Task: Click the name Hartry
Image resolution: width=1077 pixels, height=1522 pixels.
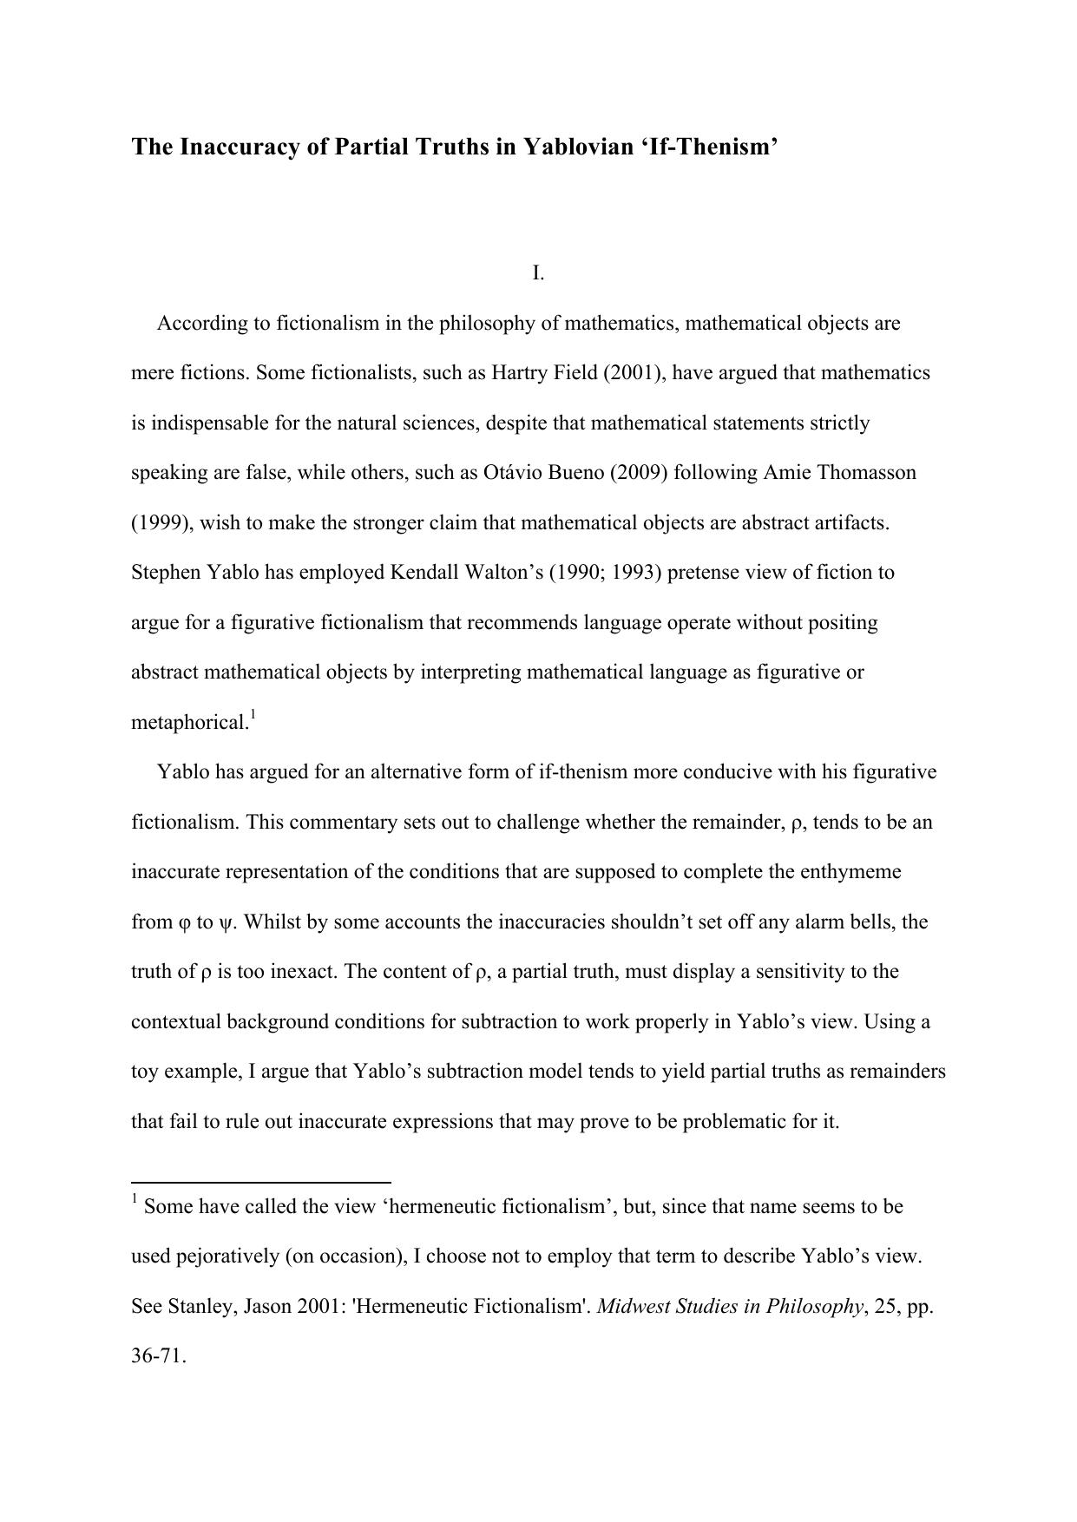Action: click(x=520, y=373)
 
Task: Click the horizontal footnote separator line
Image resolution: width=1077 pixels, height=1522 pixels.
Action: click(x=260, y=1182)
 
